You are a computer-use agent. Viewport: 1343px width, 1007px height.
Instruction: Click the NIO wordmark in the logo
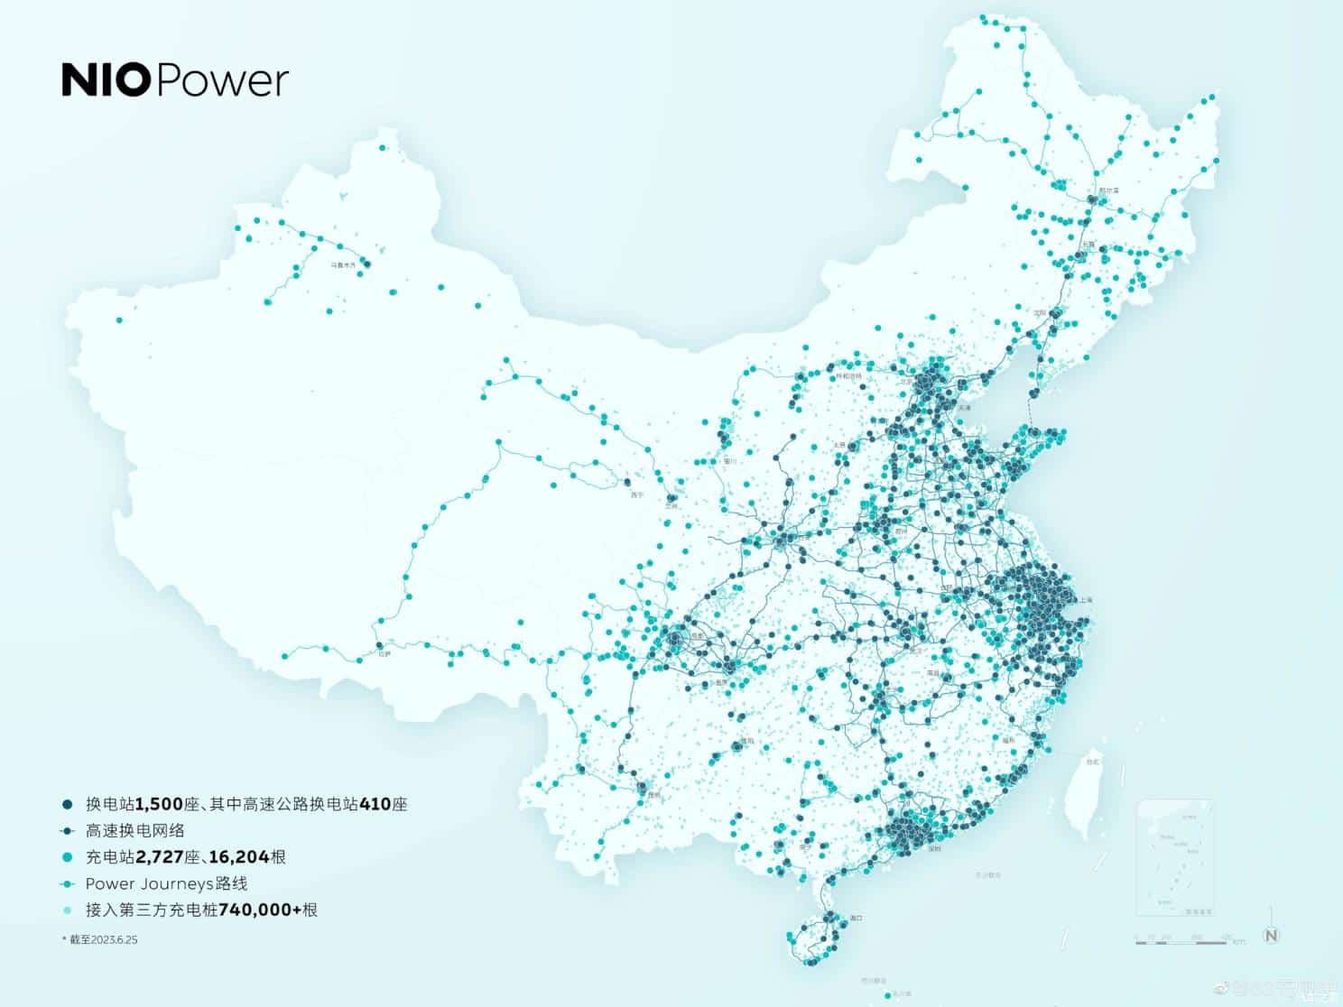click(x=106, y=80)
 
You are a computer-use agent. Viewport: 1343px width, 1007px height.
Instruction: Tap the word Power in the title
click(x=222, y=80)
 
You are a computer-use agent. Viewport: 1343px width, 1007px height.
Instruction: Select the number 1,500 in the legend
click(x=160, y=803)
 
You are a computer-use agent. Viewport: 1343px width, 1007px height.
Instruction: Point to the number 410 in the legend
click(x=375, y=803)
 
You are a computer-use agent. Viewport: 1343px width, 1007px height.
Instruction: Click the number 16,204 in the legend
click(x=238, y=857)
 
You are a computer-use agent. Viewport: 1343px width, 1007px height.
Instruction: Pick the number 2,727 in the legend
click(x=160, y=857)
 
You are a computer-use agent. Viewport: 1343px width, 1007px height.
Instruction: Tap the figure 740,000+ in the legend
click(x=260, y=910)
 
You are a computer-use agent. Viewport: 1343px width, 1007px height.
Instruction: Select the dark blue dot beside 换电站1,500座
click(x=67, y=803)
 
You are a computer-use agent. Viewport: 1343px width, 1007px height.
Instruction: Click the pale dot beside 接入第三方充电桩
click(x=67, y=910)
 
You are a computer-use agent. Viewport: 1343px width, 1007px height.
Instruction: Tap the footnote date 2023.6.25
click(x=116, y=939)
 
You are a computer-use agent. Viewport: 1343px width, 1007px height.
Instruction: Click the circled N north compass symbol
click(x=1271, y=935)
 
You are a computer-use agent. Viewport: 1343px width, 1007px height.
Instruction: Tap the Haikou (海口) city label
click(x=857, y=918)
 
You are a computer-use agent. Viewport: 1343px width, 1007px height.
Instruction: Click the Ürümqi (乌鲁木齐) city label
click(x=342, y=265)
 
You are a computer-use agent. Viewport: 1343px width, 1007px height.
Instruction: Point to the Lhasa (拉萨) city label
click(x=384, y=654)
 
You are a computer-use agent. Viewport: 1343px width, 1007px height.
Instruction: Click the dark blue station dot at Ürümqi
click(x=366, y=263)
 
